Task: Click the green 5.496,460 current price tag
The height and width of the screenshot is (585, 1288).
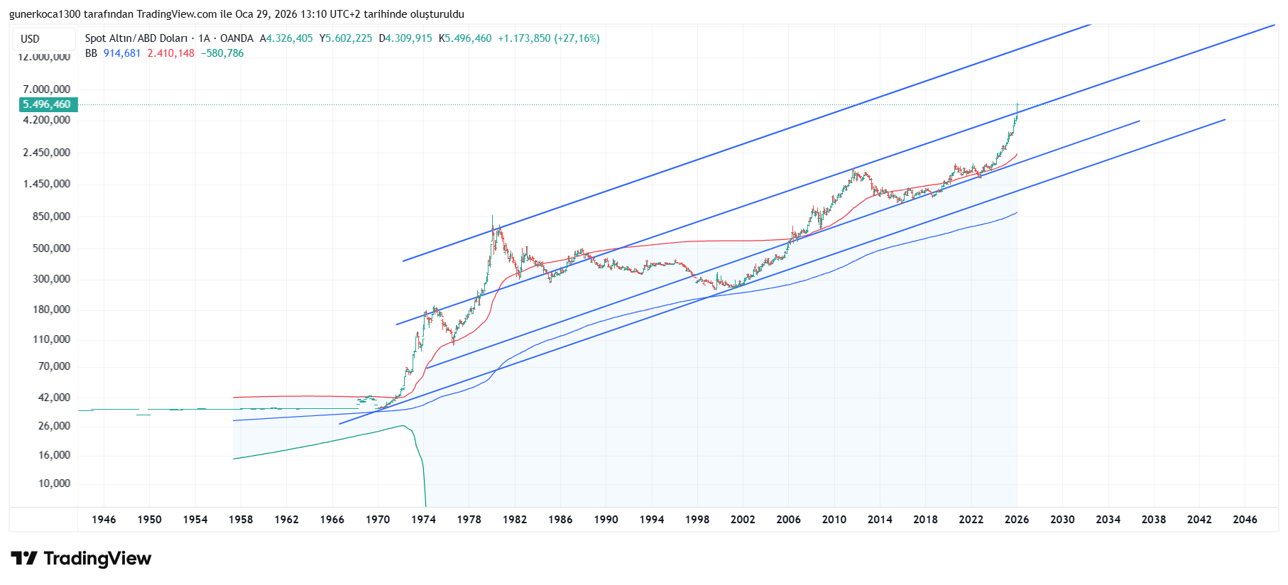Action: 48,104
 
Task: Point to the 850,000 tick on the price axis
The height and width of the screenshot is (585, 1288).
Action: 51,217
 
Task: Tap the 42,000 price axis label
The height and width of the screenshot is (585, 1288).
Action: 54,398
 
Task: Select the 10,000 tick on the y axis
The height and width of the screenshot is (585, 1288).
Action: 54,483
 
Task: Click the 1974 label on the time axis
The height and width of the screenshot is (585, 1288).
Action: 423,520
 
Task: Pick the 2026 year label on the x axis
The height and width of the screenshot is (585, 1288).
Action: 1017,520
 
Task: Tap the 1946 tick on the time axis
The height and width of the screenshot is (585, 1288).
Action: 104,520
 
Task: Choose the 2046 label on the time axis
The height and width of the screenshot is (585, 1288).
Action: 1245,520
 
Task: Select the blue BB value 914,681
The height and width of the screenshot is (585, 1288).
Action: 122,53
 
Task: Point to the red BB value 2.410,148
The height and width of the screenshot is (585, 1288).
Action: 170,53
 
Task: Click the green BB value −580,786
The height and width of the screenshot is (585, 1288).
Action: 222,53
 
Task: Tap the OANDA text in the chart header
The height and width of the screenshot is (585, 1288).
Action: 236,38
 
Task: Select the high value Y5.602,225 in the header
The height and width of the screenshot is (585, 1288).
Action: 346,38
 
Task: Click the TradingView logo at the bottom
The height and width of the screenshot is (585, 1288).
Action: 82,559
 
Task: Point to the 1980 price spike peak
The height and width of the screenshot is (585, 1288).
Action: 492,217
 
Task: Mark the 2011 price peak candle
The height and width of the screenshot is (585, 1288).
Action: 853,170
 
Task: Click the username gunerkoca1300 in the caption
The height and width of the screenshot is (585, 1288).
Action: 45,14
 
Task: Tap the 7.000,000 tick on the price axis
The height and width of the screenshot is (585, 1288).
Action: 47,89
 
